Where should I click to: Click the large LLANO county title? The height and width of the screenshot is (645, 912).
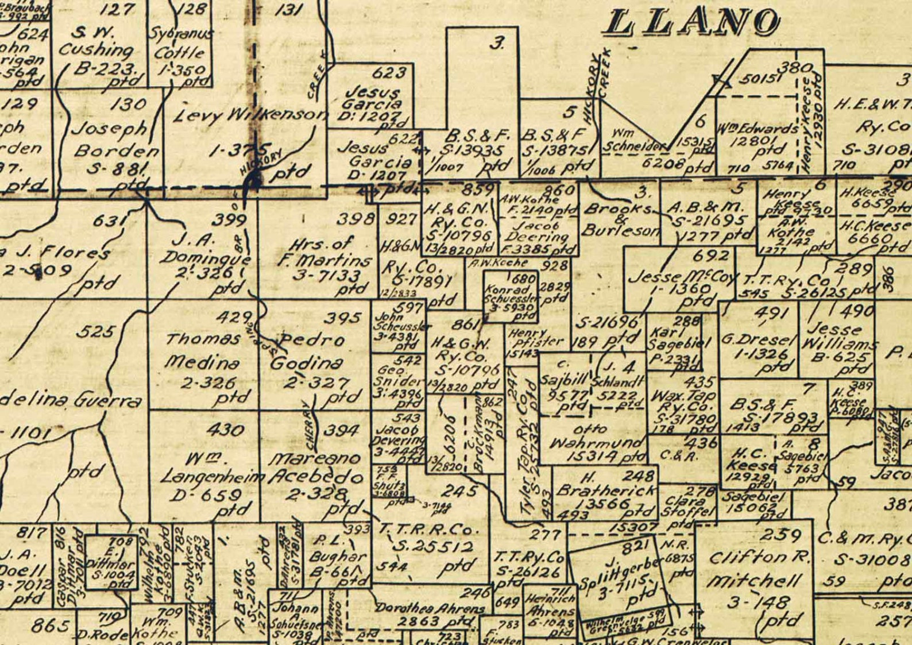pos(693,22)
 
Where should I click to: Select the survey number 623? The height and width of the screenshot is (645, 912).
pos(389,73)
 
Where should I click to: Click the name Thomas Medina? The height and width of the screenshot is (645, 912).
pos(202,351)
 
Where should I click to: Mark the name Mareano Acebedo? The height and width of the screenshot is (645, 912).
pos(316,468)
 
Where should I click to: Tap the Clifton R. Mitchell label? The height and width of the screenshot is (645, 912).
pos(759,569)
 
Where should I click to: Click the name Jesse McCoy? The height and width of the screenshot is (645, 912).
pos(682,278)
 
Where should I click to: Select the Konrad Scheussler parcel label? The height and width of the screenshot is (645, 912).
pos(510,294)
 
